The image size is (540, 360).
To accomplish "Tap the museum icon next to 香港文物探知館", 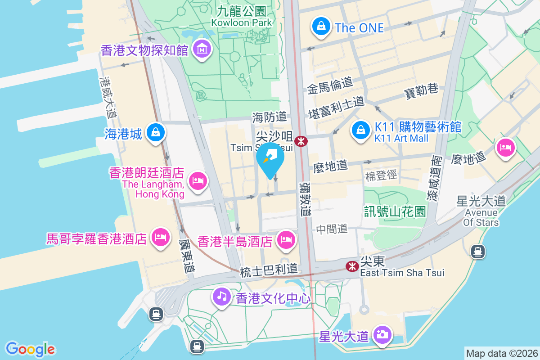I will [202, 49].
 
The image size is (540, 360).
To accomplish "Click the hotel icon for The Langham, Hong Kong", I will [198, 181].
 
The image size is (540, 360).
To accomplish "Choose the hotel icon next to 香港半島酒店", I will [286, 239].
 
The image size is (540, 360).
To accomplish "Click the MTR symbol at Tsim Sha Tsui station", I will [301, 142].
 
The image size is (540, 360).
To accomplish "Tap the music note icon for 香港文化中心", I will [222, 296].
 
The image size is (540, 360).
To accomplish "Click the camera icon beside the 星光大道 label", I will [382, 335].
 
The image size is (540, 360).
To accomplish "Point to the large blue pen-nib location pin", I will [270, 159].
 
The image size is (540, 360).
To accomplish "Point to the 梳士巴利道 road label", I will [269, 270].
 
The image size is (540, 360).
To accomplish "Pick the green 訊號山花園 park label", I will [395, 211].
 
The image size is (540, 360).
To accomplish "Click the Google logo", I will [31, 349].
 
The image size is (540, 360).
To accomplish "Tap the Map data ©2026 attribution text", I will [501, 353].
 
